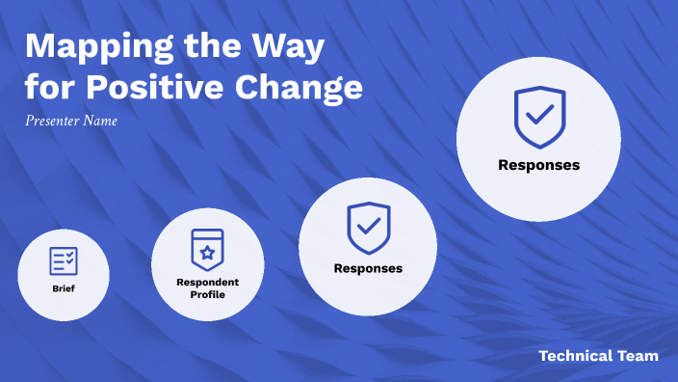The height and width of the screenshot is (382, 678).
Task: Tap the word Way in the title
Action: point(289,47)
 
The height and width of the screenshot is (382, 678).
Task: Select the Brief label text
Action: point(64,288)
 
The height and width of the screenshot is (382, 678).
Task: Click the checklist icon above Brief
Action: point(64,260)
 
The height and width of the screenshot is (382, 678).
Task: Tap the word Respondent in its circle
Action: point(208,282)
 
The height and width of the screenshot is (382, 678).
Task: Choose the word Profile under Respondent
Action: point(208,294)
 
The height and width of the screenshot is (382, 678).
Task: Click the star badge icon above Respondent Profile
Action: point(207,249)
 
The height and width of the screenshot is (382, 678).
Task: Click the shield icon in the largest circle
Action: point(538,117)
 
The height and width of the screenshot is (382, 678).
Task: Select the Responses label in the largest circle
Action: point(538,165)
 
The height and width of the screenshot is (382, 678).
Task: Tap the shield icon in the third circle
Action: point(368,228)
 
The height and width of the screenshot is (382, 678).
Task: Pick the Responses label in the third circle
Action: point(368,267)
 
